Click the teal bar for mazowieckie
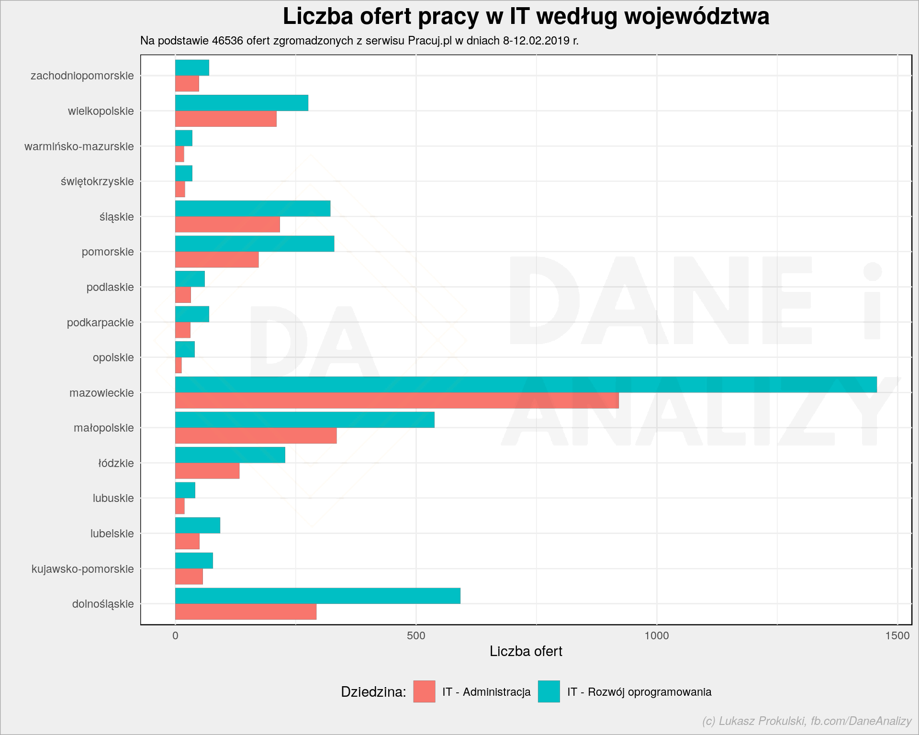pyautogui.click(x=526, y=385)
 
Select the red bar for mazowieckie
pyautogui.click(x=397, y=401)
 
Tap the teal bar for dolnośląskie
pyautogui.click(x=318, y=596)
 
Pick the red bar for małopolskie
pyautogui.click(x=256, y=436)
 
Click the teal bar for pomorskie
pyautogui.click(x=255, y=244)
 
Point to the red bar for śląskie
pyautogui.click(x=227, y=224)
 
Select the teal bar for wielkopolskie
pyautogui.click(x=242, y=103)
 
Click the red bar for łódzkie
pyautogui.click(x=207, y=471)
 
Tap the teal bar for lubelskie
pyautogui.click(x=198, y=525)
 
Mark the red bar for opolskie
pyautogui.click(x=179, y=365)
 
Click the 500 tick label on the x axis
pyautogui.click(x=416, y=635)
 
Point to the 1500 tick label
pyautogui.click(x=897, y=635)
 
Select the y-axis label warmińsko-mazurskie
pyautogui.click(x=79, y=146)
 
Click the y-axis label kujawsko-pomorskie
pyautogui.click(x=83, y=569)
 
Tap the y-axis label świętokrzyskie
pyautogui.click(x=97, y=182)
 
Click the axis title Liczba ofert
pyautogui.click(x=526, y=651)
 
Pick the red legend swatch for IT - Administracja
pyautogui.click(x=425, y=691)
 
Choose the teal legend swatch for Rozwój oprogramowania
pyautogui.click(x=549, y=691)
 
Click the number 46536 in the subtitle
pyautogui.click(x=228, y=41)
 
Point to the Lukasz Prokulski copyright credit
pyautogui.click(x=807, y=721)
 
